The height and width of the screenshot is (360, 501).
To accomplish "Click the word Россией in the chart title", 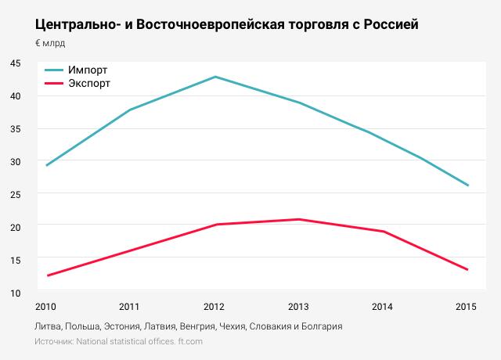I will click(x=387, y=24).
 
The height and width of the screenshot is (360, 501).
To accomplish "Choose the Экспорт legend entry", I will click(x=89, y=82).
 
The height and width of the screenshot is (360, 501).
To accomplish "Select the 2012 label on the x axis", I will click(x=214, y=305).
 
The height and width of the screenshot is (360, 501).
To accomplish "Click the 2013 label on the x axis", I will click(x=298, y=305).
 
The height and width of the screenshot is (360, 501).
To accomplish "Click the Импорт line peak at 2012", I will click(x=214, y=77).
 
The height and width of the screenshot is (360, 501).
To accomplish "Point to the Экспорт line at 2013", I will click(x=298, y=219).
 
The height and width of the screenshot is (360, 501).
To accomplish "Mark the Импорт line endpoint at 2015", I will click(x=467, y=185).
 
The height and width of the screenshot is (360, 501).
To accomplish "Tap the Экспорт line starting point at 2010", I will click(x=48, y=275).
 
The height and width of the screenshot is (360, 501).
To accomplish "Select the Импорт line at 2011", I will click(x=130, y=110).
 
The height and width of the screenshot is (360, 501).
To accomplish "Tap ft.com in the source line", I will click(x=189, y=342).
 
